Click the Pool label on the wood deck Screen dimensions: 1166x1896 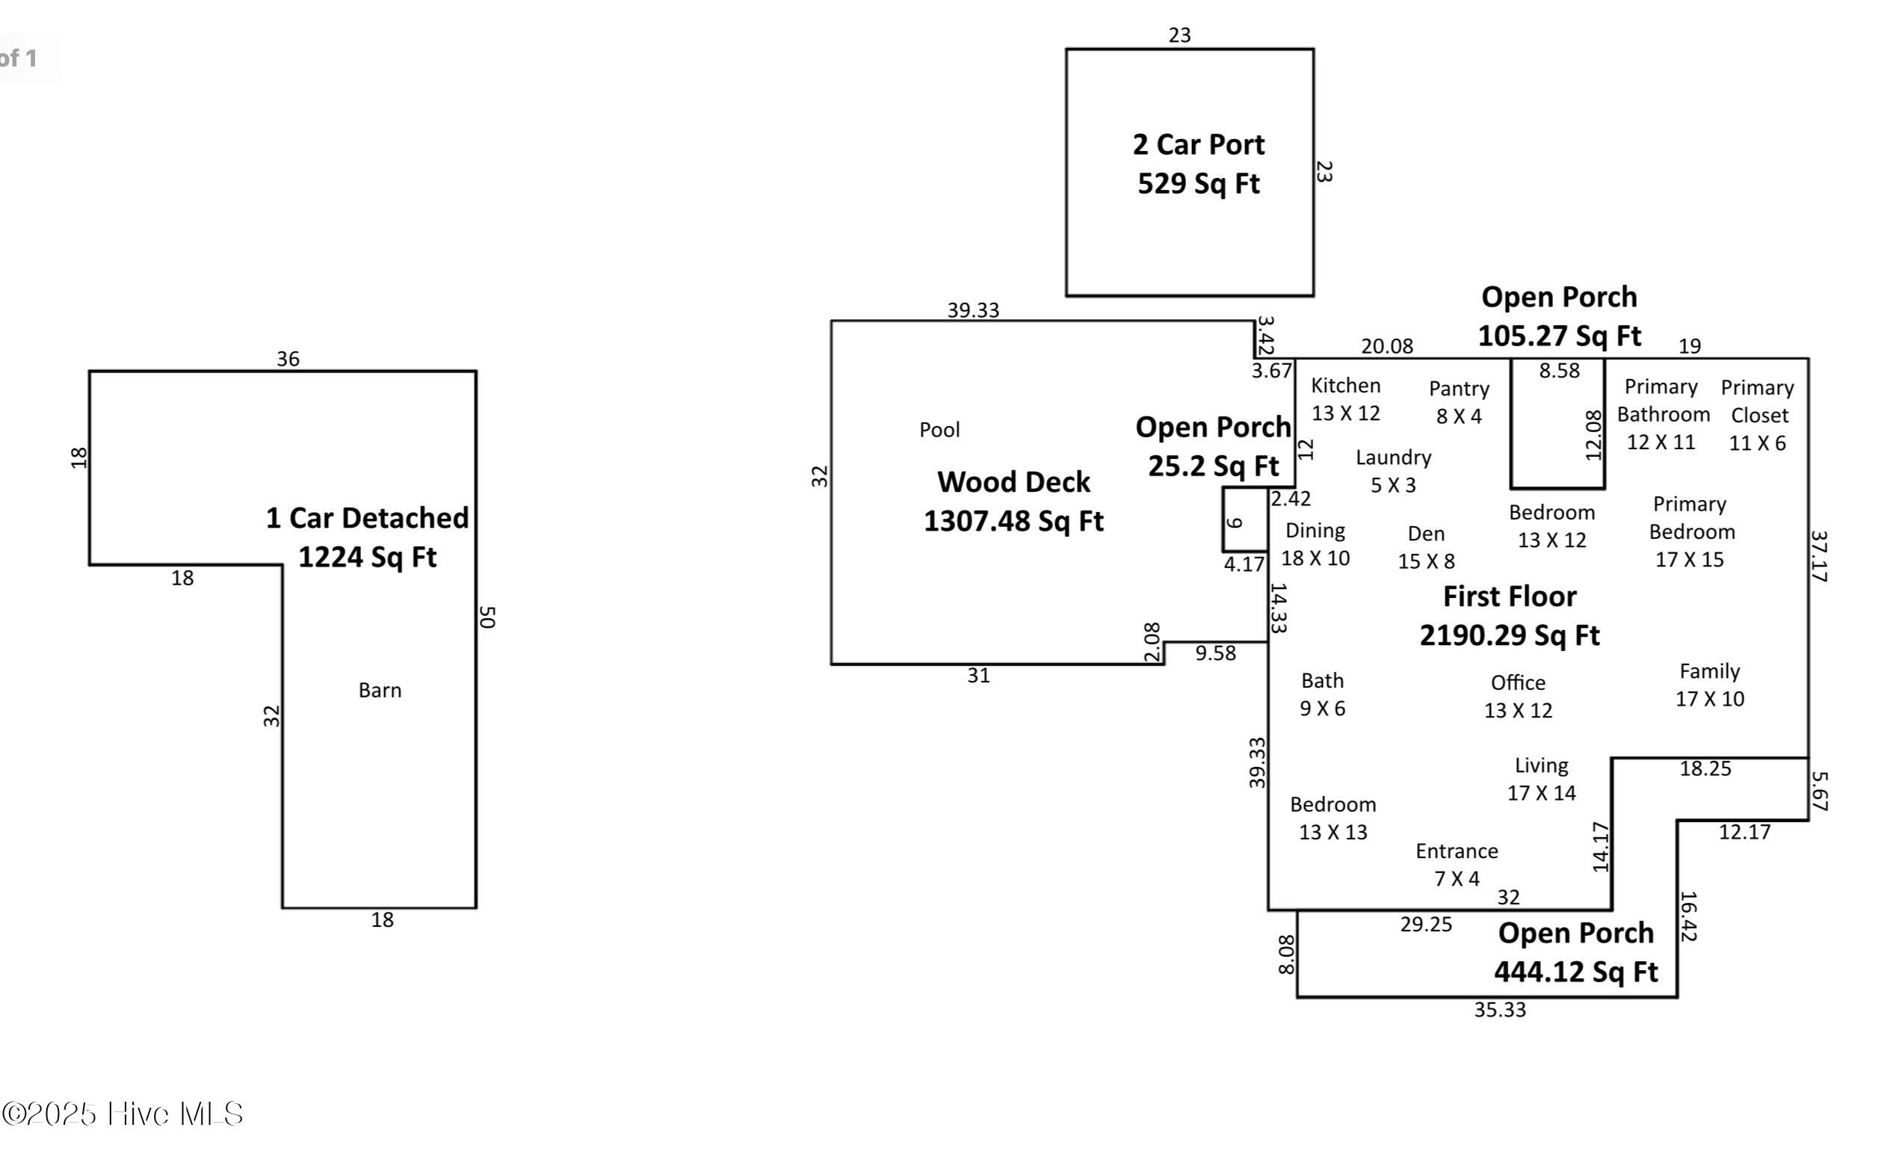[939, 430]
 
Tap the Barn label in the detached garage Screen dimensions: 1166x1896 [380, 690]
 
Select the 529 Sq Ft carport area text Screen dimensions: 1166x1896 [1198, 184]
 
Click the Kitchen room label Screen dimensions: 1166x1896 [1345, 386]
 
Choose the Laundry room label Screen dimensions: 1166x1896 [1393, 457]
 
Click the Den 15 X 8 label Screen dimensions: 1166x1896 [1426, 548]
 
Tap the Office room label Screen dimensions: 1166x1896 [1517, 683]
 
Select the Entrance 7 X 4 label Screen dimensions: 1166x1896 [1457, 865]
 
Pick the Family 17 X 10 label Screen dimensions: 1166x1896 [1709, 685]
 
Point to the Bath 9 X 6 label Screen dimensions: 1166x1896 [1322, 695]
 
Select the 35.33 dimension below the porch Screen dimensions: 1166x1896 [1500, 1010]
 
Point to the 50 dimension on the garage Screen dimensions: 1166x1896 [487, 617]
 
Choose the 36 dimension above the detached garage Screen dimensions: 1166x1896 [288, 359]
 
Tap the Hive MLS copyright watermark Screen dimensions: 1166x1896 [123, 1114]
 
